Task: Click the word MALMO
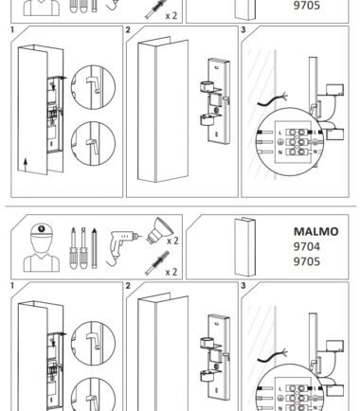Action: [x=315, y=231]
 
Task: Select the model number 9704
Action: [x=307, y=246]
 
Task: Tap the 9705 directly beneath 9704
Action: [x=307, y=261]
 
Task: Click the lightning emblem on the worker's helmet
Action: [x=41, y=228]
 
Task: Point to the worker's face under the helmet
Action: [x=42, y=243]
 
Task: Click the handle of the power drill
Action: [x=116, y=251]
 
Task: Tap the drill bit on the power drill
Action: [x=139, y=236]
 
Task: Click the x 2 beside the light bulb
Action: [x=172, y=241]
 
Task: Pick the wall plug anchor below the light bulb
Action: [x=157, y=262]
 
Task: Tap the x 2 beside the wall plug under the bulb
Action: [x=171, y=272]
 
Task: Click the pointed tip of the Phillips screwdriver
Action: [x=73, y=228]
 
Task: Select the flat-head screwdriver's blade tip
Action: [x=83, y=228]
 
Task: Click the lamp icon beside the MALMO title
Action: [x=245, y=246]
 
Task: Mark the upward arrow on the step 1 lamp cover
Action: [x=26, y=165]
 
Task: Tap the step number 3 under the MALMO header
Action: [x=243, y=286]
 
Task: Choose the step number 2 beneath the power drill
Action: [x=128, y=286]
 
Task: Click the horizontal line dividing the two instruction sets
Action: [x=181, y=206]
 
